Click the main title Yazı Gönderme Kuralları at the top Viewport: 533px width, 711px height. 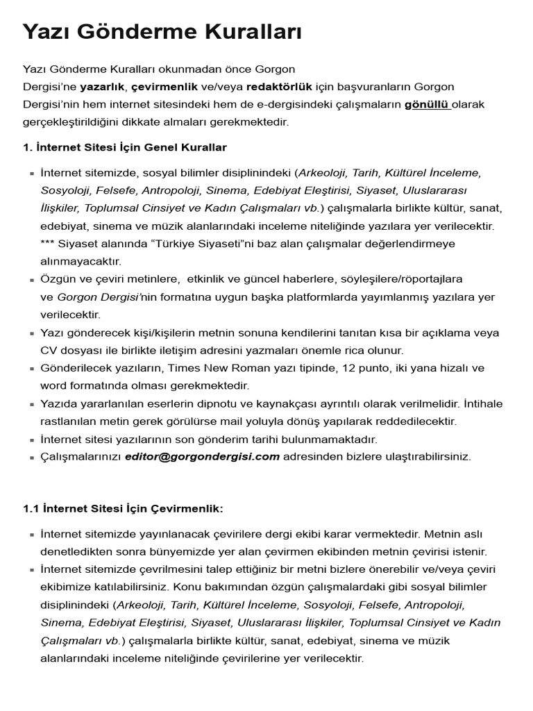tap(162, 32)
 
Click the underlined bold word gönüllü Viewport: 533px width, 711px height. tap(426, 105)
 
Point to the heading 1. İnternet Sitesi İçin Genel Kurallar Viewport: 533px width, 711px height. tap(125, 148)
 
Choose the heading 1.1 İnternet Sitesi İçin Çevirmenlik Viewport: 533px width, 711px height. tap(123, 509)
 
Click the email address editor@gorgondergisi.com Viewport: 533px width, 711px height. tap(202, 456)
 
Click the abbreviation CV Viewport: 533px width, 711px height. tap(48, 351)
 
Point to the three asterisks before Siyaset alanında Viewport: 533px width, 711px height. tap(49, 244)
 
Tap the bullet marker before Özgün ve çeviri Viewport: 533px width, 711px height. tap(32, 280)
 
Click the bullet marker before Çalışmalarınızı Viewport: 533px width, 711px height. tap(32, 458)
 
